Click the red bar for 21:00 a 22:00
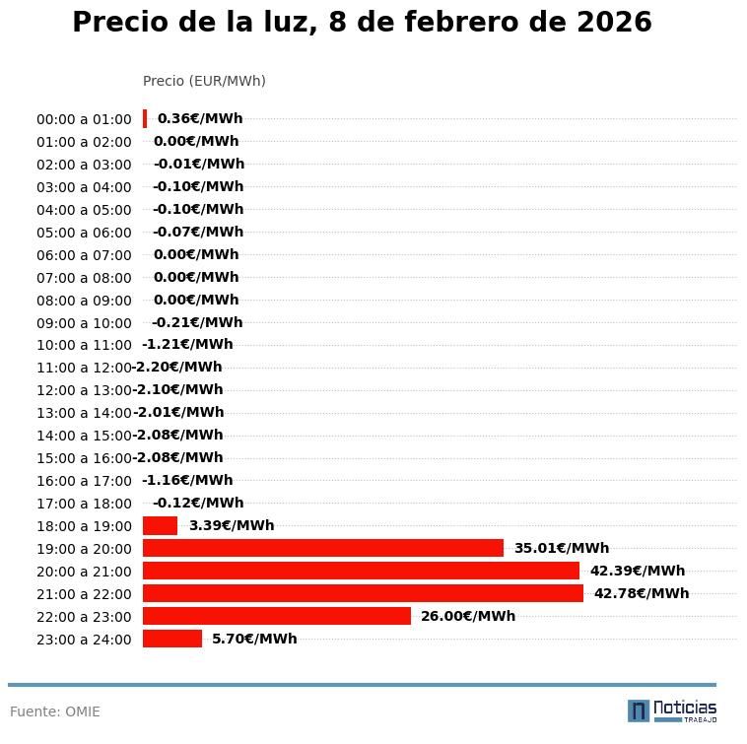pyautogui.click(x=363, y=593)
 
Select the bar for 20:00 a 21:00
pyautogui.click(x=361, y=571)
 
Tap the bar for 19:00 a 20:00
pyautogui.click(x=323, y=548)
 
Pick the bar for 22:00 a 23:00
pyautogui.click(x=277, y=616)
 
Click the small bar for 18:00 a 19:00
pyautogui.click(x=160, y=525)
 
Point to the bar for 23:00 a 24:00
pyautogui.click(x=172, y=639)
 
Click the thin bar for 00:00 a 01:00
pyautogui.click(x=145, y=118)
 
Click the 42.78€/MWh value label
pyautogui.click(x=642, y=593)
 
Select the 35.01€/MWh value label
pyautogui.click(x=562, y=548)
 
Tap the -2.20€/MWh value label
pyautogui.click(x=178, y=368)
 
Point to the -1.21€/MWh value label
pyautogui.click(x=187, y=345)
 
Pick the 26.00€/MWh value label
pyautogui.click(x=468, y=616)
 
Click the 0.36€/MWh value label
pyautogui.click(x=200, y=118)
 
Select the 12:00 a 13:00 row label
pyautogui.click(x=84, y=390)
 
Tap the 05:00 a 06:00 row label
pyautogui.click(x=84, y=233)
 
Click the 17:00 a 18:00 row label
pyautogui.click(x=84, y=504)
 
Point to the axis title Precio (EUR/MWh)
pyautogui.click(x=204, y=81)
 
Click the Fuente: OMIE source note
pyautogui.click(x=55, y=711)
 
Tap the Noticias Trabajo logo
pyautogui.click(x=672, y=710)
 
